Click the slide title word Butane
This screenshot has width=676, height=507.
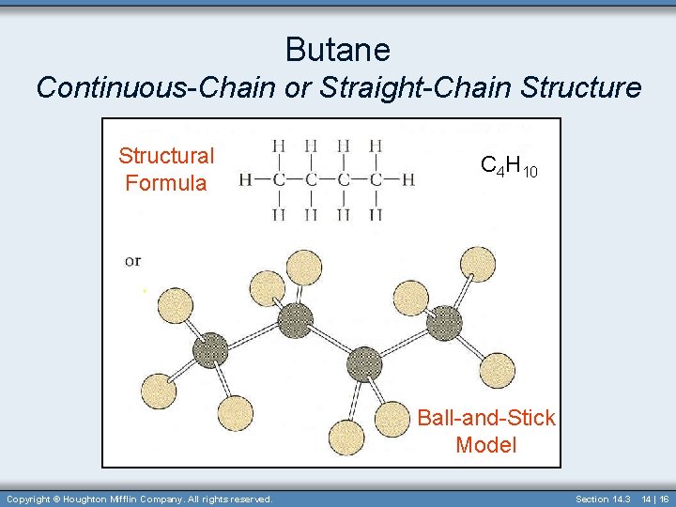pyautogui.click(x=337, y=48)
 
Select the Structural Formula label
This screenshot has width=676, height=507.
pyautogui.click(x=166, y=169)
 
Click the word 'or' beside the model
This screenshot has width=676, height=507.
pyautogui.click(x=132, y=260)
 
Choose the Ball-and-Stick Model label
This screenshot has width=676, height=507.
pyautogui.click(x=486, y=431)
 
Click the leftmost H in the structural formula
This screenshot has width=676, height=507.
pyautogui.click(x=246, y=179)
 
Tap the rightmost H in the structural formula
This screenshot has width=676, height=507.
pyautogui.click(x=407, y=179)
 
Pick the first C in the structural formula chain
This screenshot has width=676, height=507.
pyautogui.click(x=279, y=179)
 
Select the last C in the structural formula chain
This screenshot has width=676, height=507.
pyautogui.click(x=375, y=179)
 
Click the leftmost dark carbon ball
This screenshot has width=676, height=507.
pyautogui.click(x=210, y=351)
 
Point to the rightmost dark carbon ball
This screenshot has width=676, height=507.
pyautogui.click(x=444, y=323)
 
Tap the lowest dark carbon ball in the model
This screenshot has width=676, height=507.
pyautogui.click(x=364, y=363)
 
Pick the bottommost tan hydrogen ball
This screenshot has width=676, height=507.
pyautogui.click(x=346, y=438)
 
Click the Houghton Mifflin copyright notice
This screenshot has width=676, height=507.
pyautogui.click(x=139, y=499)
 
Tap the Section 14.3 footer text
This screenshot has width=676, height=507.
pyautogui.click(x=602, y=499)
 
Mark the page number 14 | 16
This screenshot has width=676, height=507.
pyautogui.click(x=653, y=499)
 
